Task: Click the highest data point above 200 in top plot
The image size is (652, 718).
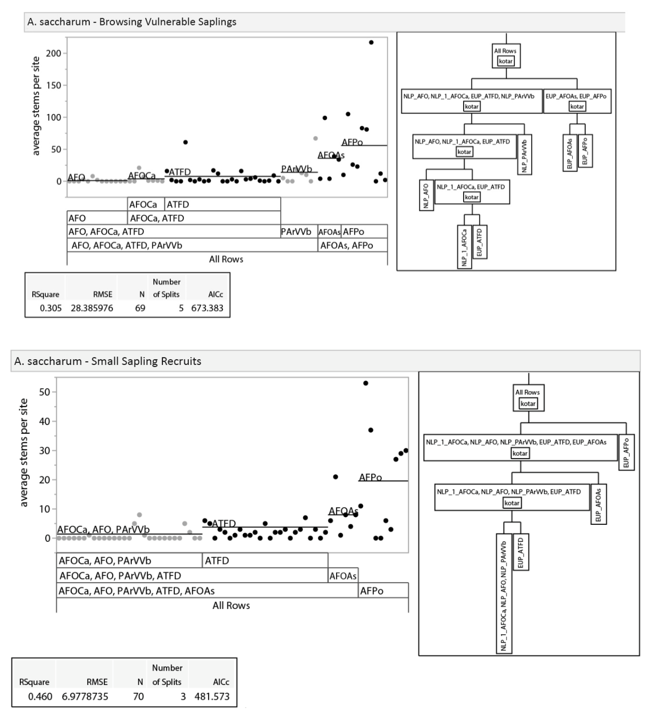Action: pos(371,42)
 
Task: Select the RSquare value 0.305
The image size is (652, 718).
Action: pos(50,308)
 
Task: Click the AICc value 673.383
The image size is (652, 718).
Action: pos(207,308)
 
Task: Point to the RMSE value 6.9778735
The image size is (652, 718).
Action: pos(85,696)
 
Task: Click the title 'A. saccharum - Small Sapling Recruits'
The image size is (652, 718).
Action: pos(107,361)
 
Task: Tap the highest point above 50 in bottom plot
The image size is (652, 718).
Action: pos(365,383)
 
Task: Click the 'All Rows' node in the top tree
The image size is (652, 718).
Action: pos(506,55)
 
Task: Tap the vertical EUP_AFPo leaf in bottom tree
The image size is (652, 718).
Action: pos(626,452)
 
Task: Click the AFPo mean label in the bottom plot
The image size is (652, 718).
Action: pos(370,477)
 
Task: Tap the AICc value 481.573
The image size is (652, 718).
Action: pos(212,696)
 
